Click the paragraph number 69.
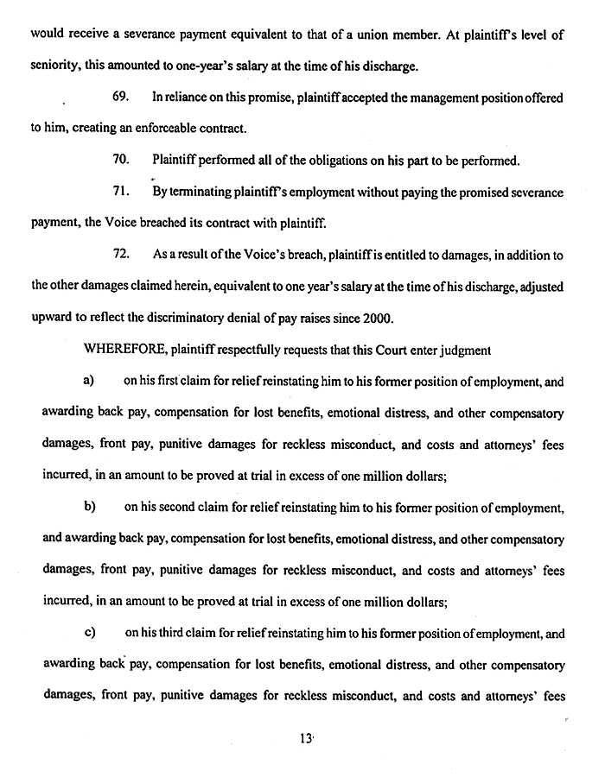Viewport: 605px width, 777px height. point(122,98)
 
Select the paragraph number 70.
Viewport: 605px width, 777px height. point(122,161)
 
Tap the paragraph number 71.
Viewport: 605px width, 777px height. point(122,192)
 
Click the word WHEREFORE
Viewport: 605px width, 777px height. point(141,351)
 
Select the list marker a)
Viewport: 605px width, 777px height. point(88,380)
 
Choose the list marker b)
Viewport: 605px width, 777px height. point(88,505)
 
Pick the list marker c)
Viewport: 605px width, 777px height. point(88,633)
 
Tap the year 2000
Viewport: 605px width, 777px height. point(377,317)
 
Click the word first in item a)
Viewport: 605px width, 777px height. point(177,380)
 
